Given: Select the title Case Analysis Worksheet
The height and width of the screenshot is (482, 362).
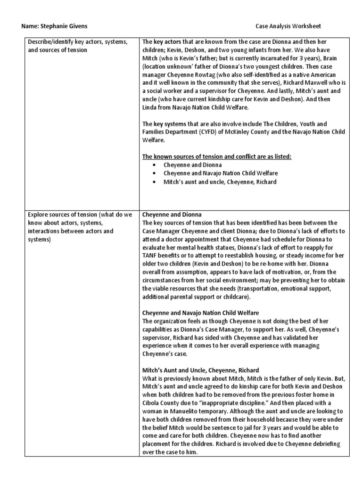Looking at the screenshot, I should click(x=288, y=26).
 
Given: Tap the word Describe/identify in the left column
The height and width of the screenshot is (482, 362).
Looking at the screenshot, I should click(x=49, y=42).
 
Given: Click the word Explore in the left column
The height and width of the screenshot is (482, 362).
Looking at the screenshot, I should click(x=38, y=215).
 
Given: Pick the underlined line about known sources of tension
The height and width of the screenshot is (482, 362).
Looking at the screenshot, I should click(x=217, y=157).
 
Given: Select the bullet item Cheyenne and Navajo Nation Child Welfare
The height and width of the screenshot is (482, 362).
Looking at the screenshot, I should click(x=221, y=173).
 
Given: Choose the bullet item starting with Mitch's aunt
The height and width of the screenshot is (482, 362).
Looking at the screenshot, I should click(x=220, y=182).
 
